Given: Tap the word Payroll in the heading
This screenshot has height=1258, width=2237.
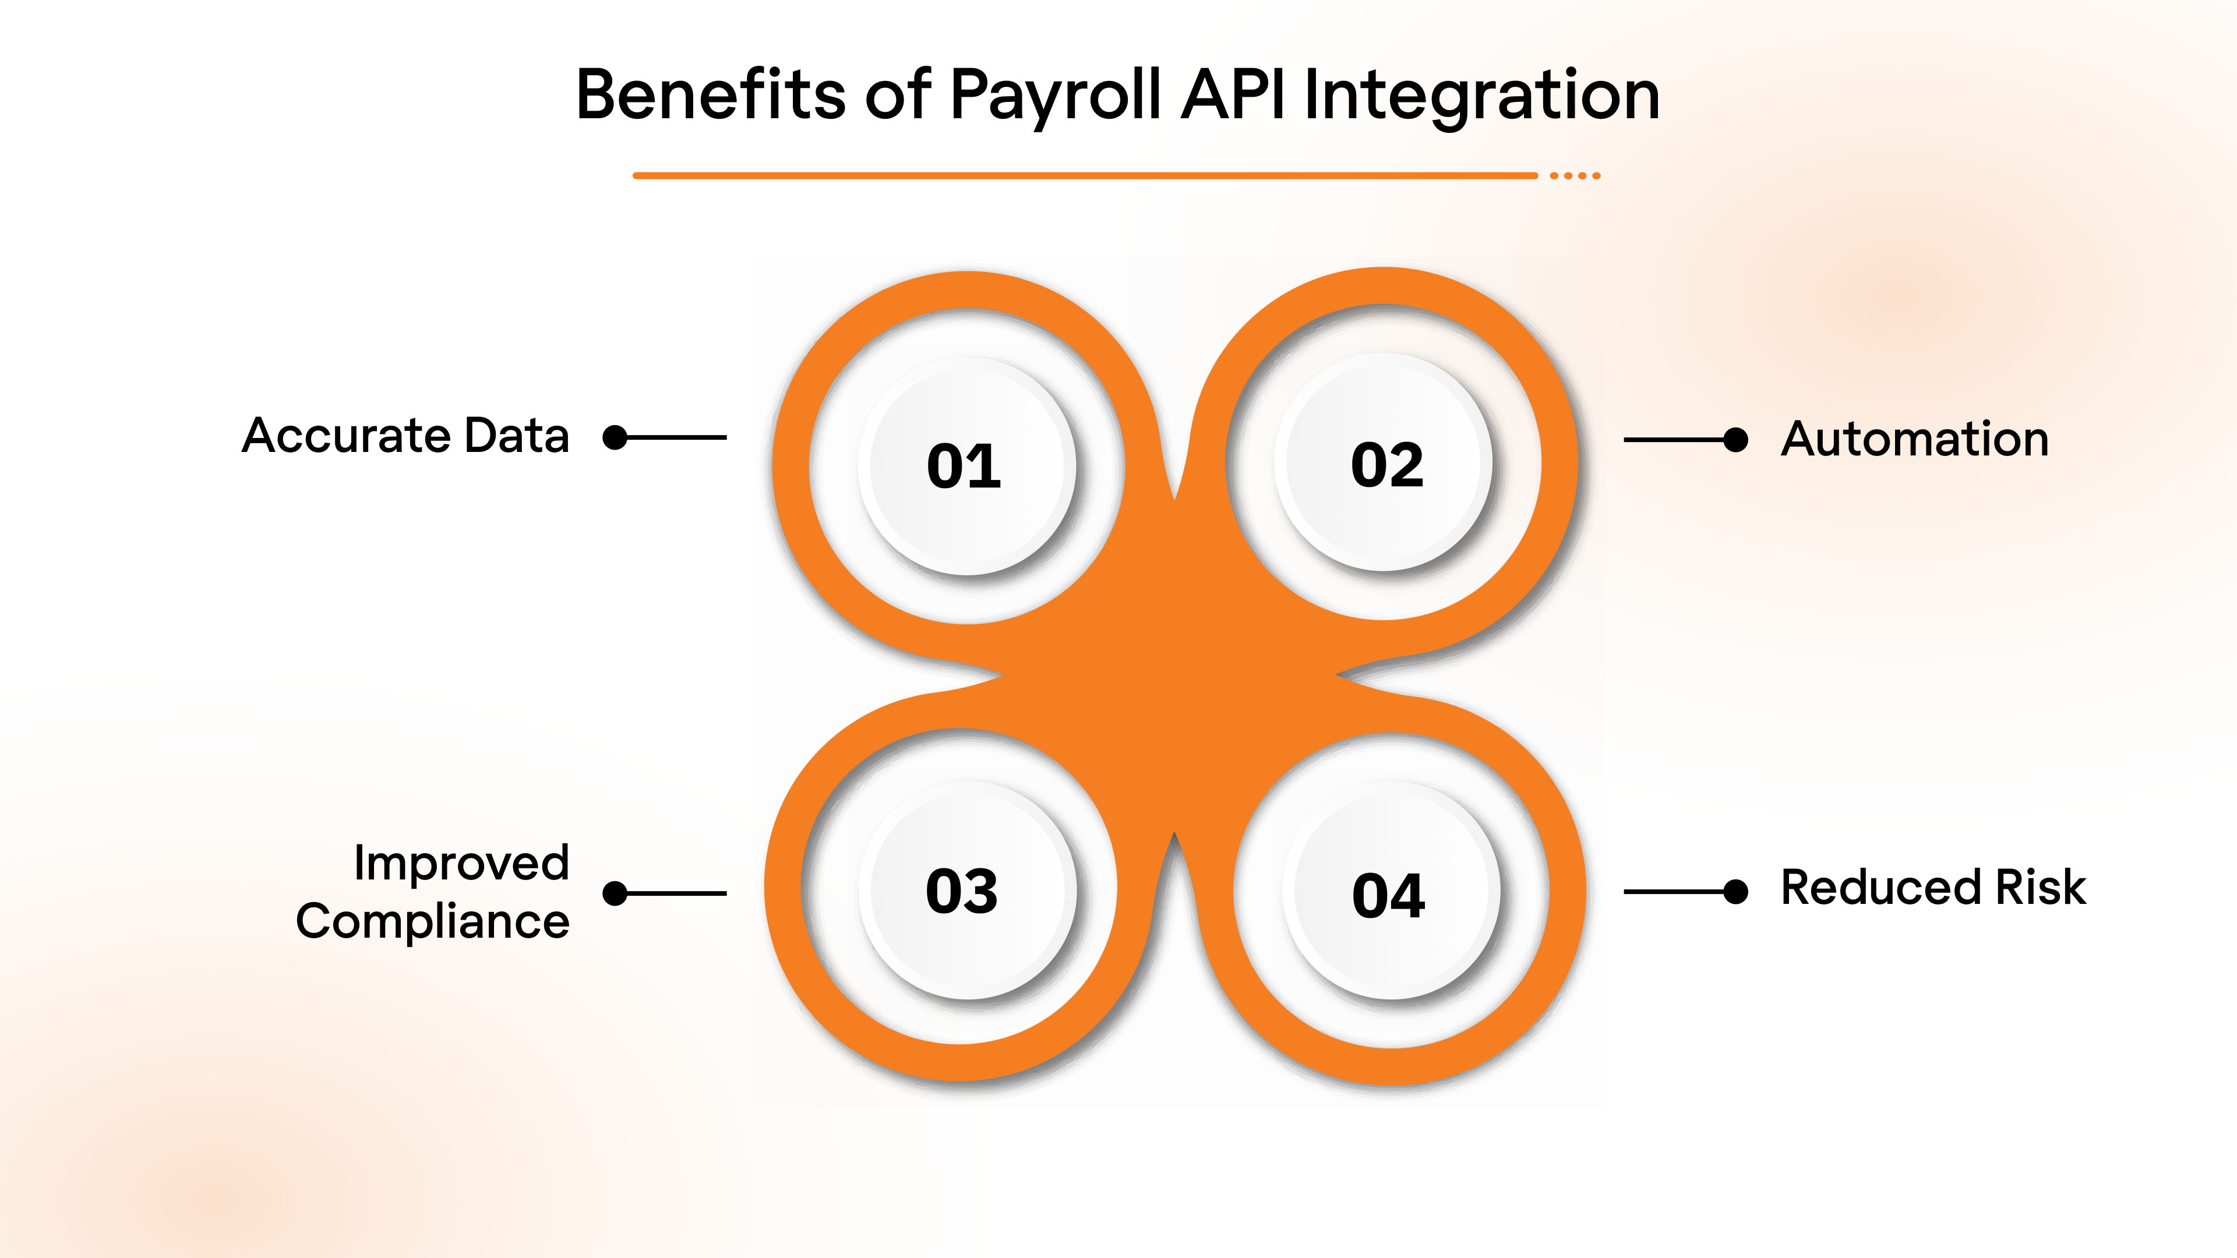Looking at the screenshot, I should tap(1054, 96).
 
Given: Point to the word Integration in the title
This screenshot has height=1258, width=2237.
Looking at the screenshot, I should tap(1481, 96).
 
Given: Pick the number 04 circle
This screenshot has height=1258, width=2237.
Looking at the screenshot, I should tap(1389, 894).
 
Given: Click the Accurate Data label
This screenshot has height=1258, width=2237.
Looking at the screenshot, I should tap(405, 435).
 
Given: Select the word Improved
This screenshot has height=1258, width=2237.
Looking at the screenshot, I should tap(461, 863).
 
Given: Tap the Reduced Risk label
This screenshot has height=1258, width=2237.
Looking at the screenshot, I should tap(1933, 887).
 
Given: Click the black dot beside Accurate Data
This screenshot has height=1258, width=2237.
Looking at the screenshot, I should tap(615, 437).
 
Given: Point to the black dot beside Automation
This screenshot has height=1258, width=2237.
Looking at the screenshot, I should tap(1735, 440).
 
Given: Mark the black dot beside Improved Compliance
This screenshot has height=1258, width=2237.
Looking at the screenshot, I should tap(615, 893).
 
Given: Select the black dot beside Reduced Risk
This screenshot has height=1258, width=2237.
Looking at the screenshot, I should tap(1735, 892).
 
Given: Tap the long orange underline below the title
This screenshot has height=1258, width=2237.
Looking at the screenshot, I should tap(1085, 175).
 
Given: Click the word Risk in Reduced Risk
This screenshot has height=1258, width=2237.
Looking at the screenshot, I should tap(2041, 887).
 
